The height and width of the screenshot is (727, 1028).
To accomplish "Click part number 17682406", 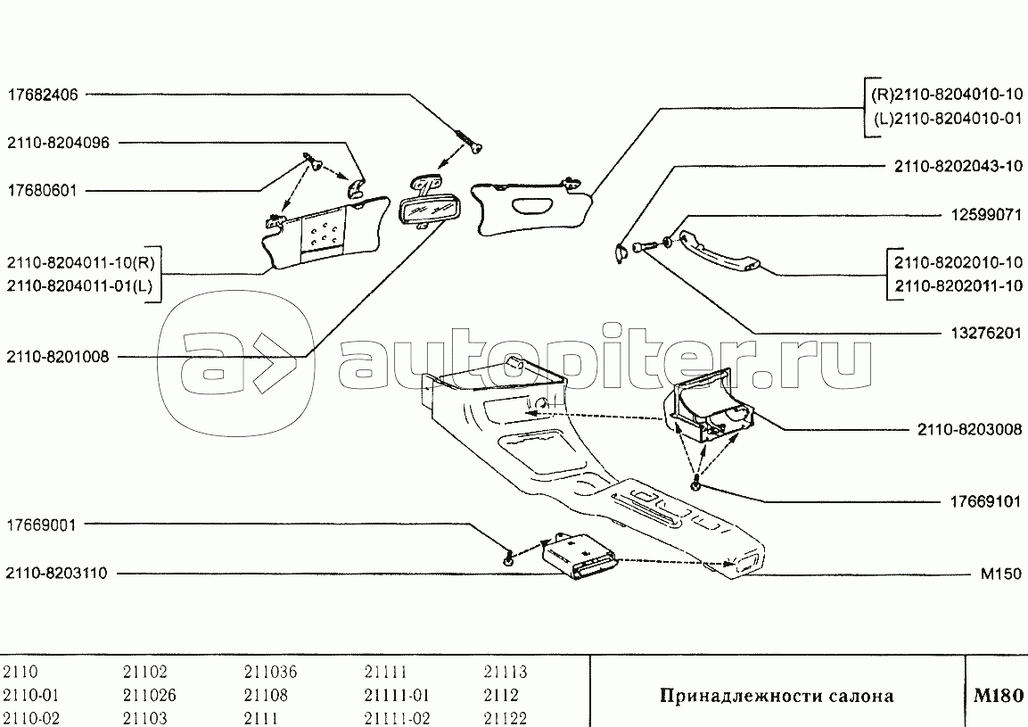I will (42, 93).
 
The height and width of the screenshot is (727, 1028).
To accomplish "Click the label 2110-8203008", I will (970, 429).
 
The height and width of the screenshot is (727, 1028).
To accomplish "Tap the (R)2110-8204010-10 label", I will (946, 93).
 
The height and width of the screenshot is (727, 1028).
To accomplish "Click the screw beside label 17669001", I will (508, 559).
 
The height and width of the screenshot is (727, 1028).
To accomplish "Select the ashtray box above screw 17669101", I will (711, 410).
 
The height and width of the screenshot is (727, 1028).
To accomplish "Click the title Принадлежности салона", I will (776, 696).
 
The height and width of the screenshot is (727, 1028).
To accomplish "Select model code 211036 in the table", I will (270, 673).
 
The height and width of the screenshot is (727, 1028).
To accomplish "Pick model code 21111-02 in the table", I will (398, 718).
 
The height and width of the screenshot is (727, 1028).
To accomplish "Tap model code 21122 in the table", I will (506, 718).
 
